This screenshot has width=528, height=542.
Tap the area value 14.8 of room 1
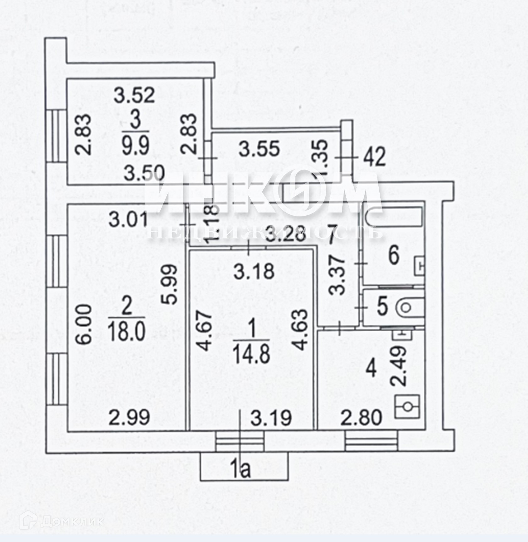pos(251,352)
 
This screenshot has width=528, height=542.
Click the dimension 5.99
pos(170,285)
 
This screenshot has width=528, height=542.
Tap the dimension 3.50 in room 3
pos(144,173)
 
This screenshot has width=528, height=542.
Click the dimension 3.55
pos(259,149)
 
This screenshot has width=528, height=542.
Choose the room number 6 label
pos(393,255)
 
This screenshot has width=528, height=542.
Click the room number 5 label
pos(382,306)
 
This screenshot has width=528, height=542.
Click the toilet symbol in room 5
pos(406,308)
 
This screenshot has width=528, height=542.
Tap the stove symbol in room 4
pos(408,407)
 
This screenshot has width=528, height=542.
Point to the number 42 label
pos(375,157)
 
